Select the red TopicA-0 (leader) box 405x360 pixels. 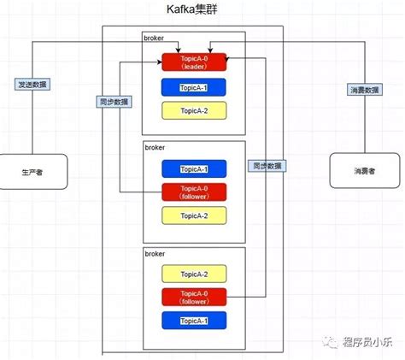point(194,62)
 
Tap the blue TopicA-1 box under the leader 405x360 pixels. point(194,86)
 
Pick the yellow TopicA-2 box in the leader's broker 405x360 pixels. point(194,110)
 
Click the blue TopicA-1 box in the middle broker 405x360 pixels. point(194,168)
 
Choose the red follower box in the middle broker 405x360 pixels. point(194,192)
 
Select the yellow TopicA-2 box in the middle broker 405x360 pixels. point(194,215)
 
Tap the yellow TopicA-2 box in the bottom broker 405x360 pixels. point(194,274)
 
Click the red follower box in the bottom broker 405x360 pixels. point(194,297)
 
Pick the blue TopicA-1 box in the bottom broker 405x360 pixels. point(194,321)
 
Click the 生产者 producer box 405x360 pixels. point(32,171)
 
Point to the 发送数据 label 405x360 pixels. point(32,85)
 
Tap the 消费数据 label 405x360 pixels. point(365,89)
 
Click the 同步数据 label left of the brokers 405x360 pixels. point(113,101)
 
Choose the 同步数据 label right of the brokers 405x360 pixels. point(267,165)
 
